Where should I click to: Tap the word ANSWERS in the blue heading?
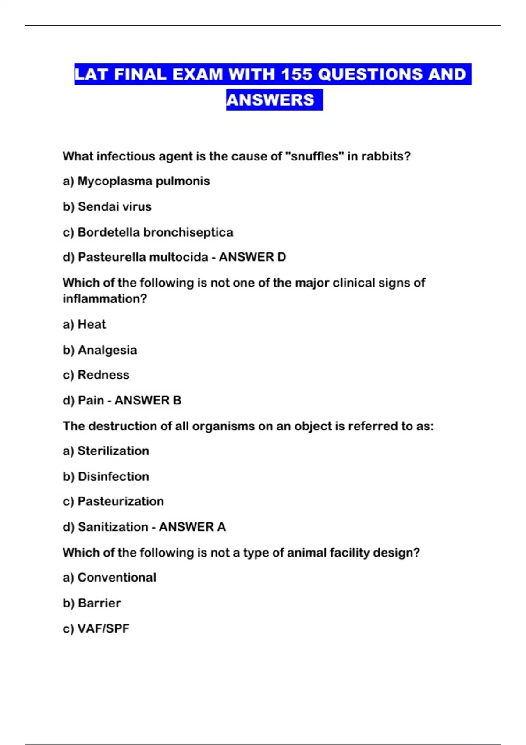click(x=270, y=100)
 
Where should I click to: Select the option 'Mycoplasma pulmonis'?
click(x=143, y=181)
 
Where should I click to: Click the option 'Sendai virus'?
click(x=114, y=206)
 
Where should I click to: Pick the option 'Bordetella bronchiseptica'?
click(x=155, y=232)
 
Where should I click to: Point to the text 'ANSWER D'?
click(x=252, y=257)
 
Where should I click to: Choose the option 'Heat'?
click(x=92, y=324)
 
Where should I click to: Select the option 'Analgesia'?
click(x=107, y=350)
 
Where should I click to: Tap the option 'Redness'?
click(x=103, y=375)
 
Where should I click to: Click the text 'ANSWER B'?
click(x=148, y=400)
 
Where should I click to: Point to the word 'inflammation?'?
click(x=105, y=299)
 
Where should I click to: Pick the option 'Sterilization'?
click(x=113, y=451)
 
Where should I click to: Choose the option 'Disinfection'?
click(x=113, y=476)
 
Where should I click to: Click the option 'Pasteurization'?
click(x=121, y=501)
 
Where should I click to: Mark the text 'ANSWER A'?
click(x=192, y=527)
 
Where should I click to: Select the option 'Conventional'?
click(x=117, y=577)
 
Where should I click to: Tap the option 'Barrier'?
click(x=99, y=603)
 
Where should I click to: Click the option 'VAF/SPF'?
click(x=103, y=628)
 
